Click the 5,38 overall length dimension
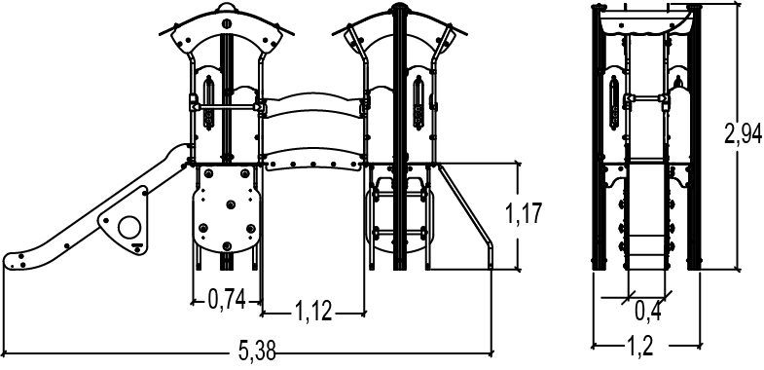(257, 350)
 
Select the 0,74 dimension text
(227, 299)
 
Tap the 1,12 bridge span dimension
(313, 311)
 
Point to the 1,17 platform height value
(524, 213)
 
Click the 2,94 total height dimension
(743, 133)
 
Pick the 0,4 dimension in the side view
(647, 311)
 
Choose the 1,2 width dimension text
(639, 346)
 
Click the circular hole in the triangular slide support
(128, 226)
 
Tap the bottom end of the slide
(10, 261)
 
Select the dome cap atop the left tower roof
(226, 6)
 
